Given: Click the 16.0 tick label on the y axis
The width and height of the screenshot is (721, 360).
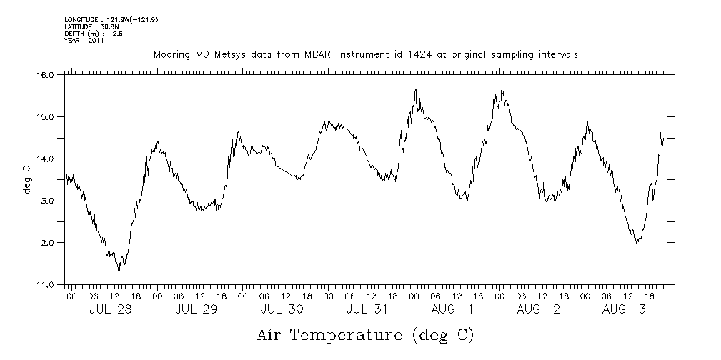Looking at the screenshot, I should click(45, 74).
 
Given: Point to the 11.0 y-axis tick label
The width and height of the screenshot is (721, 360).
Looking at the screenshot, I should click(45, 284).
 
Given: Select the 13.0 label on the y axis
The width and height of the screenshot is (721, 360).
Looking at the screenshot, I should click(45, 201).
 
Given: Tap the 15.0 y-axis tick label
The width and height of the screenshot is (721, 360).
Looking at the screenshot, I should click(45, 116).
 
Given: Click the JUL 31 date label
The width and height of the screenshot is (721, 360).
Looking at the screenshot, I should click(367, 310).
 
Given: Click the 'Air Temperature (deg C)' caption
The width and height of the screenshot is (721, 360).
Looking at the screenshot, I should click(365, 334).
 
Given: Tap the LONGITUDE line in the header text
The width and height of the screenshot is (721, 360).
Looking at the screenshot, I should click(111, 19).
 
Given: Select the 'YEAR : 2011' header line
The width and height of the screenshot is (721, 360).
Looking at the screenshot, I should click(84, 41).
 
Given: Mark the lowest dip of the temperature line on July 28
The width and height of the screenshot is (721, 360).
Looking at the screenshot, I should click(119, 271).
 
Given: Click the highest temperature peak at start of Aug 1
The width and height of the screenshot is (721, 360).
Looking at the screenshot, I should click(415, 89).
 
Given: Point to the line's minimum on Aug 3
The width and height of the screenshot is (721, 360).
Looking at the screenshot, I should click(637, 243).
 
